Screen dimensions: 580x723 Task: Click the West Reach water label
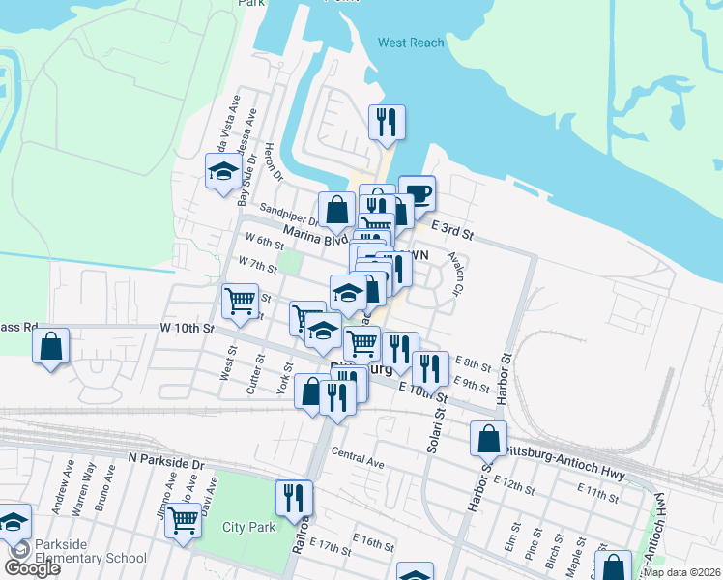pos(411,43)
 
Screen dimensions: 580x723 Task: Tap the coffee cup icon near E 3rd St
pos(417,191)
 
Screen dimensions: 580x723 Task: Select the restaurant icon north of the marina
pos(387,122)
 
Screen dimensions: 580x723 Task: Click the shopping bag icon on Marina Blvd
pos(335,209)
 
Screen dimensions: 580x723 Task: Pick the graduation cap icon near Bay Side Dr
pos(223,171)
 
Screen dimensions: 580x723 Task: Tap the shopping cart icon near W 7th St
pos(239,299)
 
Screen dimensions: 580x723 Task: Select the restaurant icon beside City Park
pos(294,497)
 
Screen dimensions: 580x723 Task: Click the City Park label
pos(249,527)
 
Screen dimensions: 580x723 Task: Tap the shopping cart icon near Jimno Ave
pos(183,519)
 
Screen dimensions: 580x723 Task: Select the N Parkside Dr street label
pos(167,464)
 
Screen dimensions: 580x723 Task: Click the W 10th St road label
pos(187,329)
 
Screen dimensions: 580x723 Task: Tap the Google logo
pos(33,568)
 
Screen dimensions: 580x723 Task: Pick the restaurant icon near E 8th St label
pos(430,367)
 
